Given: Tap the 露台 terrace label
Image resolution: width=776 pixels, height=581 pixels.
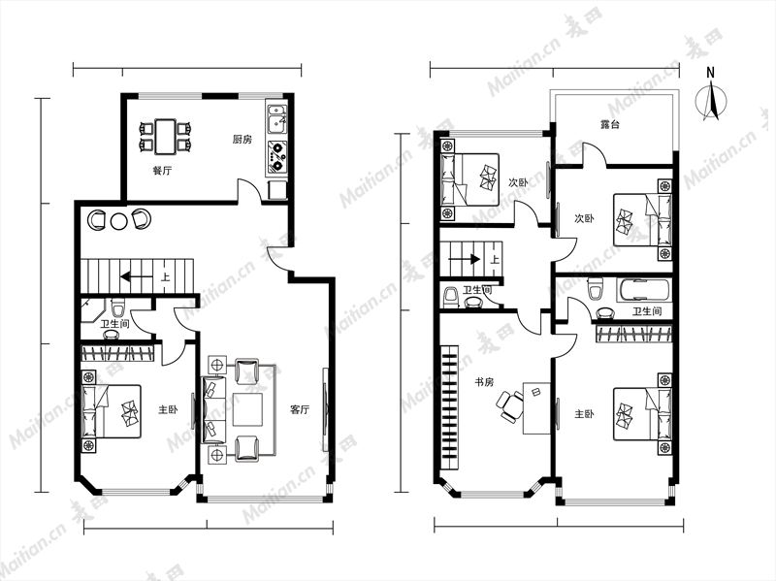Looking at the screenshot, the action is pyautogui.click(x=609, y=124).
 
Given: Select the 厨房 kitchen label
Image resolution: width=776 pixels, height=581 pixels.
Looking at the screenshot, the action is pyautogui.click(x=242, y=139).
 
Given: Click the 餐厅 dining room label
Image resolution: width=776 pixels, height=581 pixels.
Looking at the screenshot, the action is pyautogui.click(x=162, y=171).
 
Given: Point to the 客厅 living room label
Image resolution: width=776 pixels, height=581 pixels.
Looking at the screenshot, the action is pyautogui.click(x=300, y=409).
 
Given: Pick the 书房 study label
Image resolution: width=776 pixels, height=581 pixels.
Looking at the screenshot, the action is pyautogui.click(x=484, y=382).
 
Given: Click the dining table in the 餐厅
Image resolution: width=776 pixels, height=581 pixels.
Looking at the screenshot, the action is pyautogui.click(x=165, y=136).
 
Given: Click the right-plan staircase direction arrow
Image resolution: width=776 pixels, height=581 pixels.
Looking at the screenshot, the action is pyautogui.click(x=465, y=258).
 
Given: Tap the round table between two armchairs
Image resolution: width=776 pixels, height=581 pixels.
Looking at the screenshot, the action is pyautogui.click(x=118, y=221).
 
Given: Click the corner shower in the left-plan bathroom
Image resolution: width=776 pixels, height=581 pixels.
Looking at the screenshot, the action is pyautogui.click(x=92, y=309).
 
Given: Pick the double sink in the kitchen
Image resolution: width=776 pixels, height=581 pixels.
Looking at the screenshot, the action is pyautogui.click(x=276, y=119).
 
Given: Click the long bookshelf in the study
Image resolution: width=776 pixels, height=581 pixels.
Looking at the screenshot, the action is pyautogui.click(x=449, y=407).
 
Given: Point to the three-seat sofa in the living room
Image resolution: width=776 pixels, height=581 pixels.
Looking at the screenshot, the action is pyautogui.click(x=213, y=409).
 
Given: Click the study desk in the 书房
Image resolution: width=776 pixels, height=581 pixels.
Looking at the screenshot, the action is pyautogui.click(x=537, y=407).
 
